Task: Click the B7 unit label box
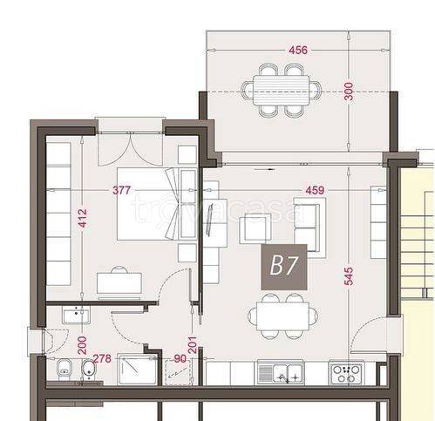point(284,267)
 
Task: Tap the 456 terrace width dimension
point(298,51)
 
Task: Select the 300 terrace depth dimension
point(349,92)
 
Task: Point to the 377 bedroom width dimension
point(122,191)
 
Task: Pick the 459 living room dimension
point(315,190)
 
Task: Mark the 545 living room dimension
point(349,276)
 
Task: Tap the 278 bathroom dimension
point(102,358)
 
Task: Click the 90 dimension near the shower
point(180,358)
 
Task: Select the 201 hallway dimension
point(193,345)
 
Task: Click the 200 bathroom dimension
point(83,345)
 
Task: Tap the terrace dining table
point(281,91)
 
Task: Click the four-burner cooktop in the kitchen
point(347,373)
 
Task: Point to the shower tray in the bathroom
point(138,370)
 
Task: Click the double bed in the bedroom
point(146,204)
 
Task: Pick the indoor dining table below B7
point(282,316)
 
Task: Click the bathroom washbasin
point(76,316)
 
